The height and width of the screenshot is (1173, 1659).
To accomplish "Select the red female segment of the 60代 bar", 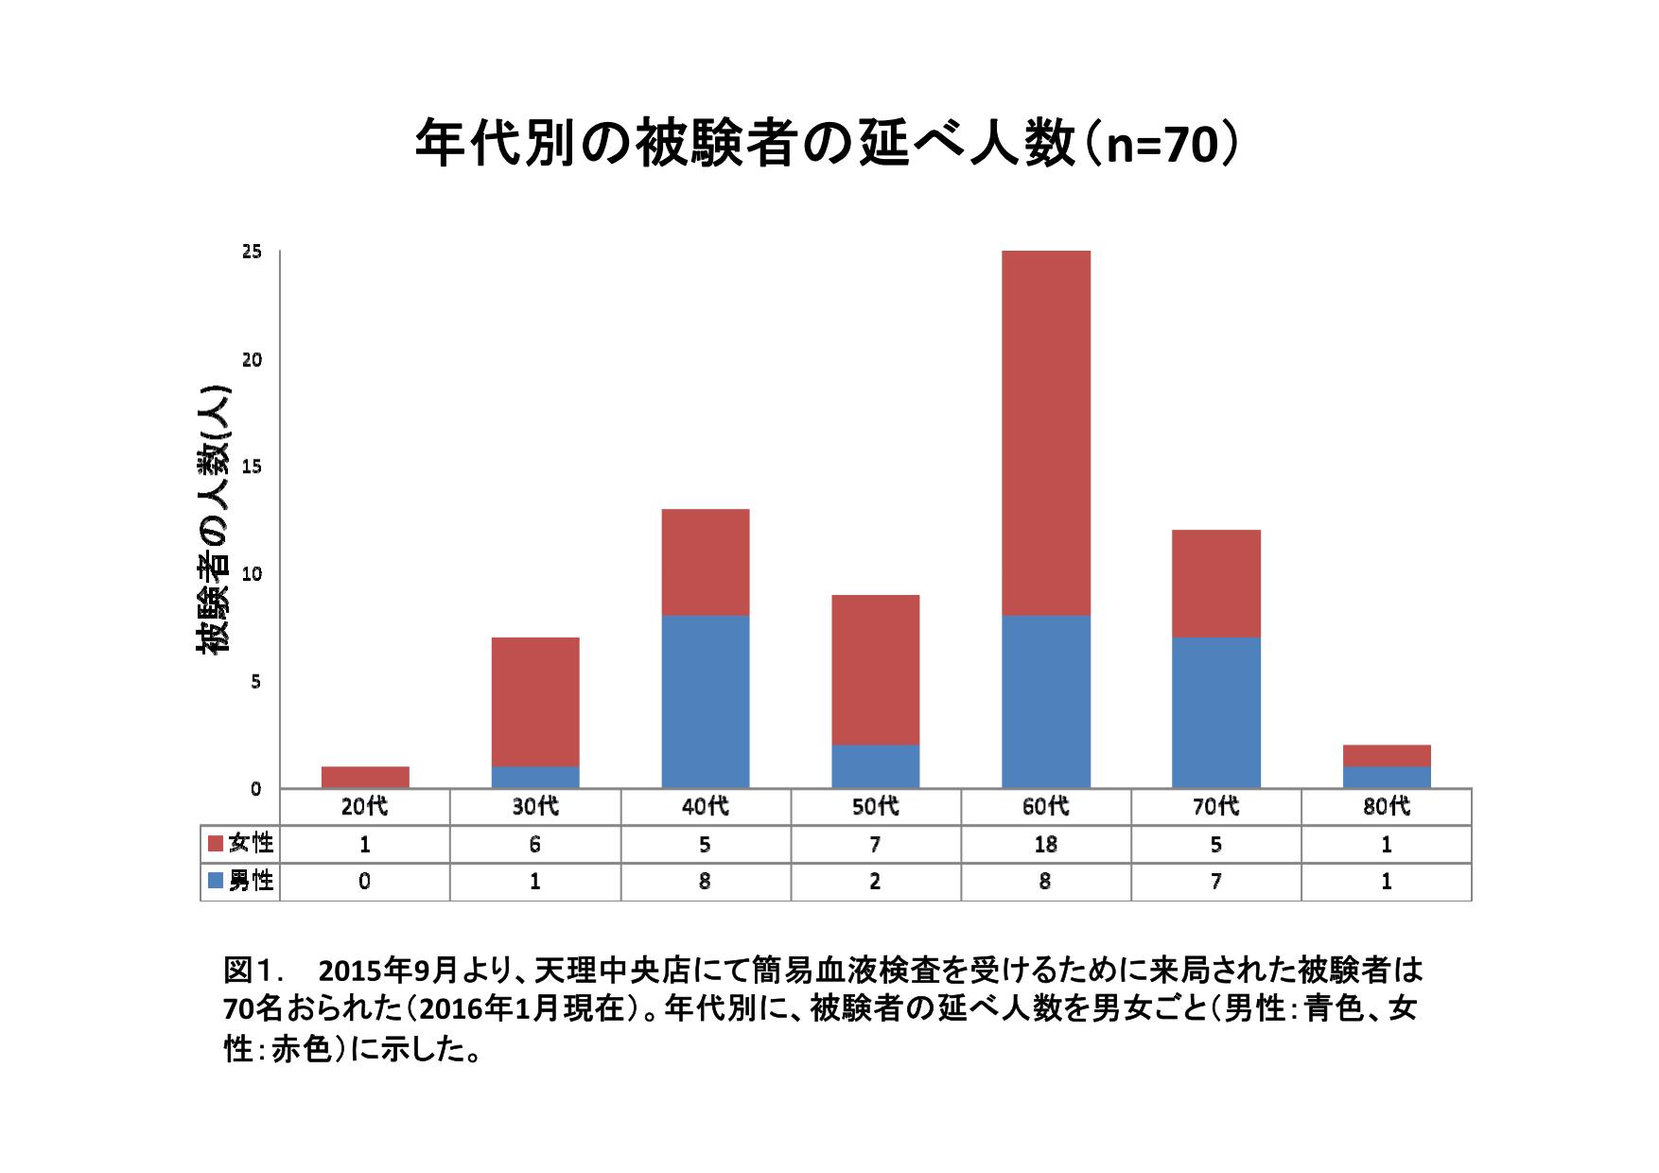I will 1045,433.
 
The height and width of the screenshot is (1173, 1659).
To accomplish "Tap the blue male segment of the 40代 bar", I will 706,701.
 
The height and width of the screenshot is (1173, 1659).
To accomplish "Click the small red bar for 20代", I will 365,777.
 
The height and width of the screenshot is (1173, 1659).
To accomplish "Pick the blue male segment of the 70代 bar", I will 1215,712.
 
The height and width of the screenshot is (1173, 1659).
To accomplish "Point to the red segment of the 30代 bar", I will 535,701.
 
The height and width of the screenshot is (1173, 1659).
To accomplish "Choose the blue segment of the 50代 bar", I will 875,766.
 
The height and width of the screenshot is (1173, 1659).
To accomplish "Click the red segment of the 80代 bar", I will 1386,756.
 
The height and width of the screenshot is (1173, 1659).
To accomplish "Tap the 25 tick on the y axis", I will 252,252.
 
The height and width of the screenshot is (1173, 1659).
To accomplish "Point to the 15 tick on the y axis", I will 252,467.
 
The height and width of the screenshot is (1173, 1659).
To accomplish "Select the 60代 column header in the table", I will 1045,807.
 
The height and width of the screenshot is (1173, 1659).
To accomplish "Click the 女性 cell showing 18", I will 1045,844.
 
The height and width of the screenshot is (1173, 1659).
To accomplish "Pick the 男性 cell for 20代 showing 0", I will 365,882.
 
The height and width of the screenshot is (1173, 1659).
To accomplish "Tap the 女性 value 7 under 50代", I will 875,844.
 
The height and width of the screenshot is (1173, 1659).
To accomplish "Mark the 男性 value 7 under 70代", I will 1215,882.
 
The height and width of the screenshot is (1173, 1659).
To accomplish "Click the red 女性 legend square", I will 215,843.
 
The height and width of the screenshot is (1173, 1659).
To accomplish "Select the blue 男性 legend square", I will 215,881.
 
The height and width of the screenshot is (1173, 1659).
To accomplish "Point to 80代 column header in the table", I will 1386,807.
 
